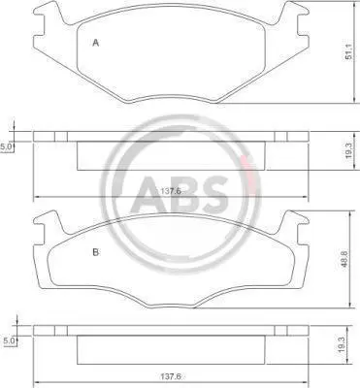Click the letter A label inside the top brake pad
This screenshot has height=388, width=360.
(x=95, y=43)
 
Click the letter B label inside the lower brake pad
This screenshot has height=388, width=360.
(x=95, y=252)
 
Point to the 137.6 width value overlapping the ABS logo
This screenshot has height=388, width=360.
(x=171, y=191)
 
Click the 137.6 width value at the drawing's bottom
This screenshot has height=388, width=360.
(x=171, y=376)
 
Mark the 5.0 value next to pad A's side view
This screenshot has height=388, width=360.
(x=6, y=147)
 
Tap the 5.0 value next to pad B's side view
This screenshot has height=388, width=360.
(x=9, y=340)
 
